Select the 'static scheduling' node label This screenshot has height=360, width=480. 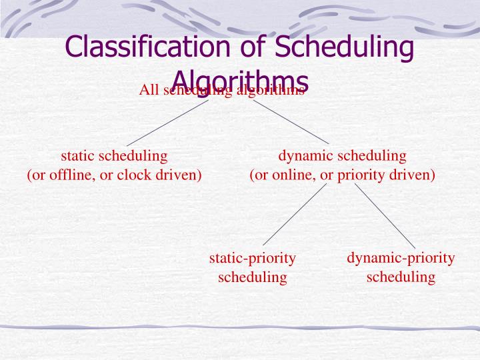pyautogui.click(x=114, y=156)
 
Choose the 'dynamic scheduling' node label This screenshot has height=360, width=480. pyautogui.click(x=342, y=156)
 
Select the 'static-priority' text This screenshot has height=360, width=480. pyautogui.click(x=253, y=258)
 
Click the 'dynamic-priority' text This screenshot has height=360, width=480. pyautogui.click(x=401, y=258)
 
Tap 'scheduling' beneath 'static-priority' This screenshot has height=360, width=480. pyautogui.click(x=253, y=277)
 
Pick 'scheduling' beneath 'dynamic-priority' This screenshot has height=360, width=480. pyautogui.click(x=401, y=277)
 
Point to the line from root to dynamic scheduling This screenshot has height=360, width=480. pyautogui.click(x=291, y=122)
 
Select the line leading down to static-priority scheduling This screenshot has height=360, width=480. pyautogui.click(x=295, y=215)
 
